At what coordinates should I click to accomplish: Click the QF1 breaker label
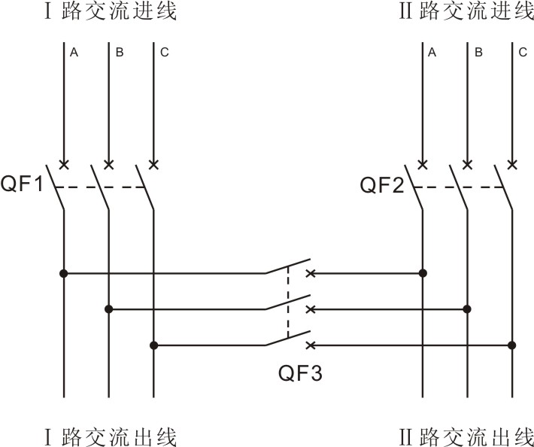(x=25, y=184)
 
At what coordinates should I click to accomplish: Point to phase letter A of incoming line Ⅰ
(x=74, y=53)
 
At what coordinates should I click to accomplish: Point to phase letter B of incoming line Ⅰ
(x=120, y=53)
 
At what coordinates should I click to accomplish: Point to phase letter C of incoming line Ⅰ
(x=165, y=53)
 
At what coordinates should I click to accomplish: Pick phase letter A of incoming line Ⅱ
(x=432, y=53)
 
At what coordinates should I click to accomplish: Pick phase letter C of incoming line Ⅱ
(x=523, y=53)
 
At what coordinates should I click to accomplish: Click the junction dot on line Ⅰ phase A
(x=64, y=273)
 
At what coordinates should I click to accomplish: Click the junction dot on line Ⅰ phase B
(x=109, y=309)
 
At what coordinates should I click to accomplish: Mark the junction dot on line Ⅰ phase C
(x=153, y=345)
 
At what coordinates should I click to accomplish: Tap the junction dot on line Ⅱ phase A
(x=423, y=273)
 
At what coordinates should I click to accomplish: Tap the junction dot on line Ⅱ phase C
(x=512, y=345)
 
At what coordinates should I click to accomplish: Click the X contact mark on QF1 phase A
(x=64, y=164)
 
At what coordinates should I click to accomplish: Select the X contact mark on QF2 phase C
(x=512, y=164)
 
